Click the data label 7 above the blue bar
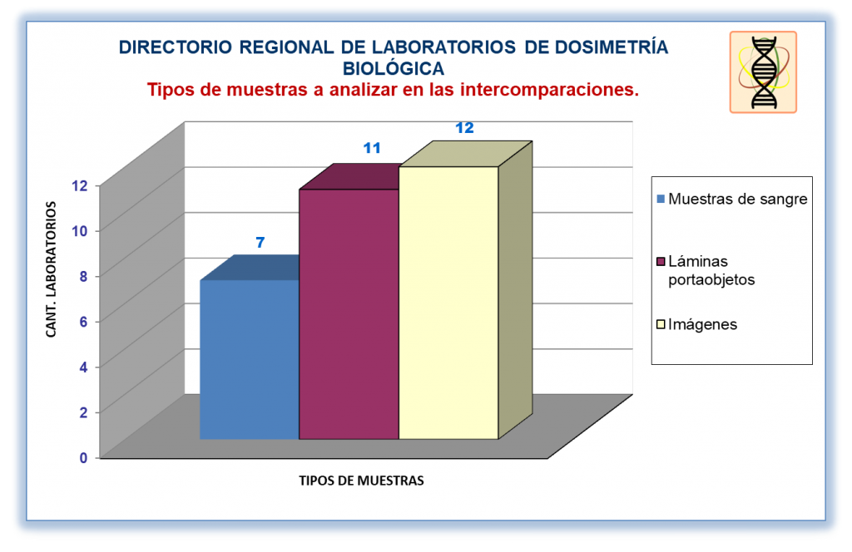pyautogui.click(x=260, y=243)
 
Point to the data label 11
pyautogui.click(x=372, y=148)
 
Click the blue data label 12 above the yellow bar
pyautogui.click(x=464, y=128)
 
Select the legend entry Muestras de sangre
pyautogui.click(x=732, y=200)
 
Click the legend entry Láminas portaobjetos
pyautogui.click(x=706, y=270)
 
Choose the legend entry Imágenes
pyautogui.click(x=697, y=324)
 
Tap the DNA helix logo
pyautogui.click(x=764, y=72)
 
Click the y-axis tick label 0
pyautogui.click(x=83, y=458)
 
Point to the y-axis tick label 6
pyautogui.click(x=83, y=322)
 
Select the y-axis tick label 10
pyautogui.click(x=79, y=231)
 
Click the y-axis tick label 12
pyautogui.click(x=79, y=185)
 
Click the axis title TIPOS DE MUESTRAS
pyautogui.click(x=361, y=481)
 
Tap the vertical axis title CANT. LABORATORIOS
pyautogui.click(x=51, y=269)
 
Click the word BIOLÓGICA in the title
pyautogui.click(x=394, y=69)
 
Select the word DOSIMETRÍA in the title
pyautogui.click(x=612, y=47)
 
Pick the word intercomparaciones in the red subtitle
pyautogui.click(x=549, y=90)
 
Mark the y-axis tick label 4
pyautogui.click(x=83, y=367)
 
